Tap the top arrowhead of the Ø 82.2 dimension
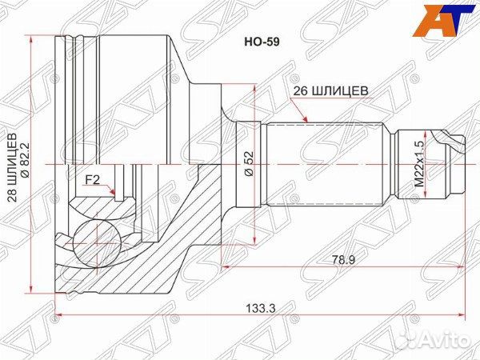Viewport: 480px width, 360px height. coord(32,37)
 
